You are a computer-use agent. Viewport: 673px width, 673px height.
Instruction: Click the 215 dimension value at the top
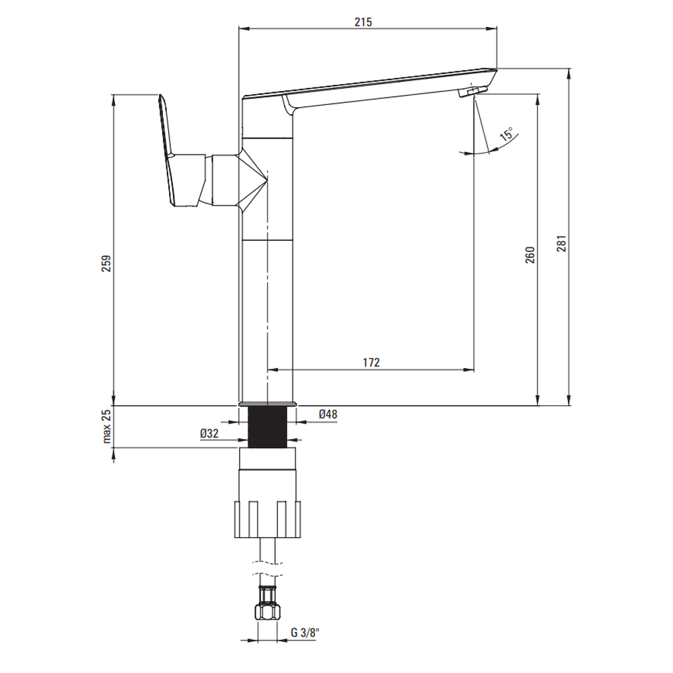pyautogui.click(x=363, y=22)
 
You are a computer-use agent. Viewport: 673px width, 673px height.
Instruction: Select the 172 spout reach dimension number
pyautogui.click(x=371, y=363)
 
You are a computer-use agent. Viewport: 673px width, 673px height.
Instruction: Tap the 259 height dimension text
pyautogui.click(x=106, y=263)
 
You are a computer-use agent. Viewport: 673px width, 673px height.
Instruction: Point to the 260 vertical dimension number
pyautogui.click(x=530, y=255)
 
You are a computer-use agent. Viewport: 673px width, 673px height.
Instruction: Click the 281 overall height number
pyautogui.click(x=562, y=244)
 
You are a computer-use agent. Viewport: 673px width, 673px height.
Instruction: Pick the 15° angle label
pyautogui.click(x=507, y=135)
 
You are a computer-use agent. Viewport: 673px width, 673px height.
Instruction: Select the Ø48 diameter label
pyautogui.click(x=328, y=414)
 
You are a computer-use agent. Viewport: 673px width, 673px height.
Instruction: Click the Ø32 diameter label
pyautogui.click(x=209, y=433)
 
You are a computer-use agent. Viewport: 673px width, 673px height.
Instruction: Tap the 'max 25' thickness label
pyautogui.click(x=106, y=426)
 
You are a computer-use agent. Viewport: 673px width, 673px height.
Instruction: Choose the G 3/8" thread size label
pyautogui.click(x=306, y=633)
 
